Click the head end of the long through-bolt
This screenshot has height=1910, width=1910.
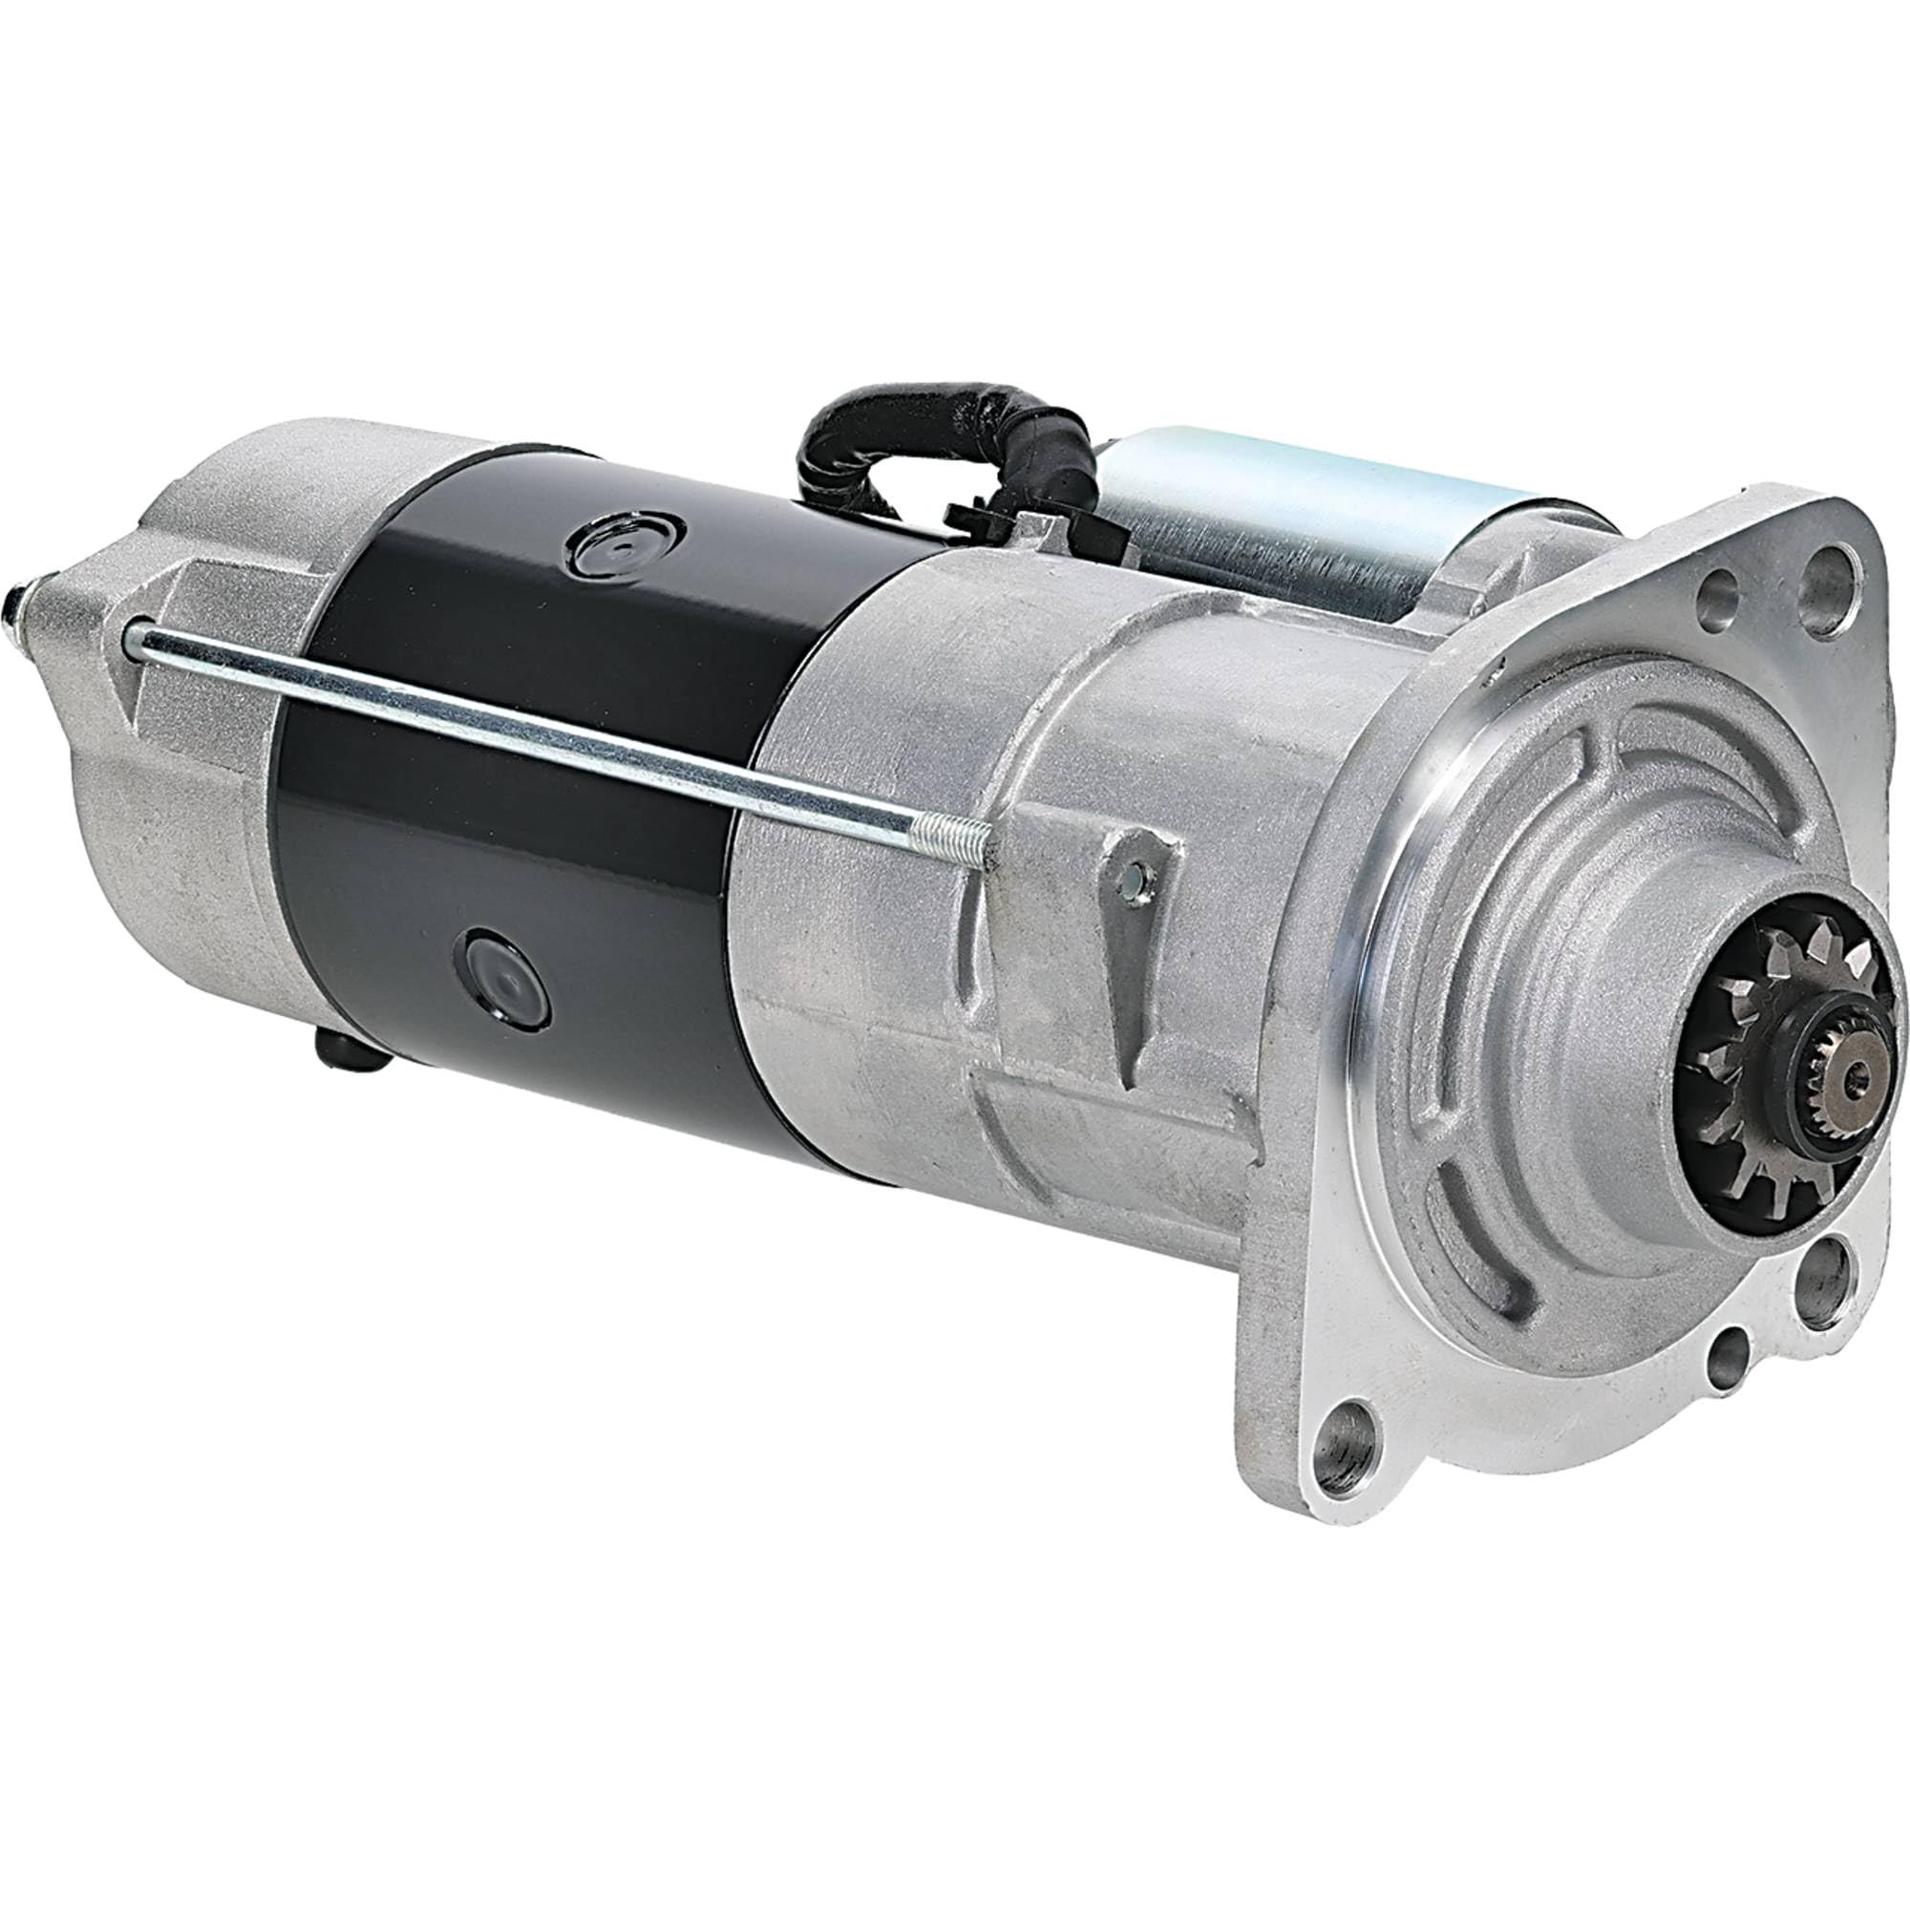[134, 643]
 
